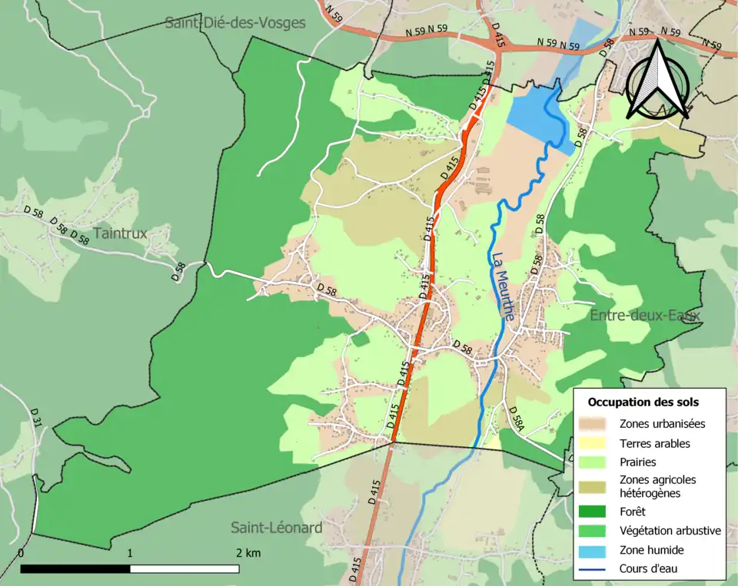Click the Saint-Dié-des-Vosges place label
pyautogui.click(x=235, y=23)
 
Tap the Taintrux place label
pyautogui.click(x=120, y=233)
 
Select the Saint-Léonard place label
pyautogui.click(x=277, y=528)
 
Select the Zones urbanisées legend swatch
pyautogui.click(x=598, y=423)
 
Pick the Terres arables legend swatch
pyautogui.click(x=598, y=443)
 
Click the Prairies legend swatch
pyautogui.click(x=598, y=462)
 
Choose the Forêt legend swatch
pyautogui.click(x=598, y=511)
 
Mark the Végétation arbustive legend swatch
pyautogui.click(x=598, y=530)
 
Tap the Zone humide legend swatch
pyautogui.click(x=598, y=550)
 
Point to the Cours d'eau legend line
pyautogui.click(x=598, y=569)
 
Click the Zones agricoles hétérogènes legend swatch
pyautogui.click(x=598, y=486)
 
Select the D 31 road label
pyautogui.click(x=35, y=417)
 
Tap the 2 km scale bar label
pyautogui.click(x=248, y=553)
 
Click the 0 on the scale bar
pyautogui.click(x=21, y=553)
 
